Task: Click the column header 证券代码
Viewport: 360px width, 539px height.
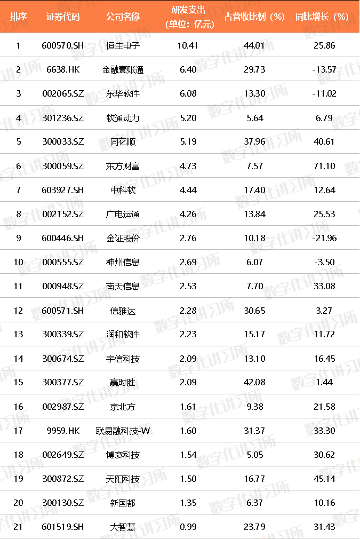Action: point(62,17)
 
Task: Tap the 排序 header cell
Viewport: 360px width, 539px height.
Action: point(19,17)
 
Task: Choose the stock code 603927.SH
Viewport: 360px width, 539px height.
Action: point(62,189)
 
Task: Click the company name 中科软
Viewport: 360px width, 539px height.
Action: point(123,189)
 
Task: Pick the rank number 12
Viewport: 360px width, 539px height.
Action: point(19,310)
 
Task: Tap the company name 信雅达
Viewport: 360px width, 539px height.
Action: point(123,310)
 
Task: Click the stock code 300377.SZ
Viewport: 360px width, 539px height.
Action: point(62,382)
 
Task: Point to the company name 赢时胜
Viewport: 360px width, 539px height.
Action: point(123,382)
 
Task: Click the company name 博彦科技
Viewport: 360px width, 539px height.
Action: point(123,455)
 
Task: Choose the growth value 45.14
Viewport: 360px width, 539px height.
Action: point(324,479)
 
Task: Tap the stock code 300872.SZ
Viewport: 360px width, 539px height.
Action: point(62,479)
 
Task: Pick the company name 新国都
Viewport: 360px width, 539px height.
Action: point(123,503)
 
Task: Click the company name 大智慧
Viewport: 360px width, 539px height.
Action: point(123,527)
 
